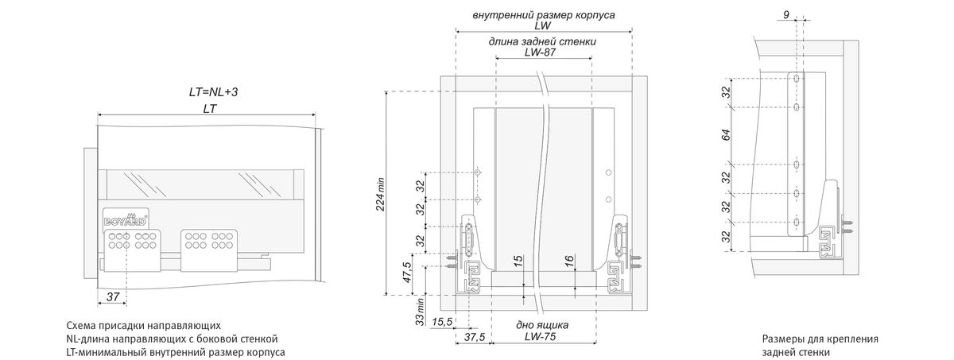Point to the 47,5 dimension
tap(407, 273)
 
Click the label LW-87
tap(544, 52)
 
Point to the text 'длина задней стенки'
tap(544, 41)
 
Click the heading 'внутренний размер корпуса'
tap(543, 14)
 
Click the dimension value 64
tap(726, 136)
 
